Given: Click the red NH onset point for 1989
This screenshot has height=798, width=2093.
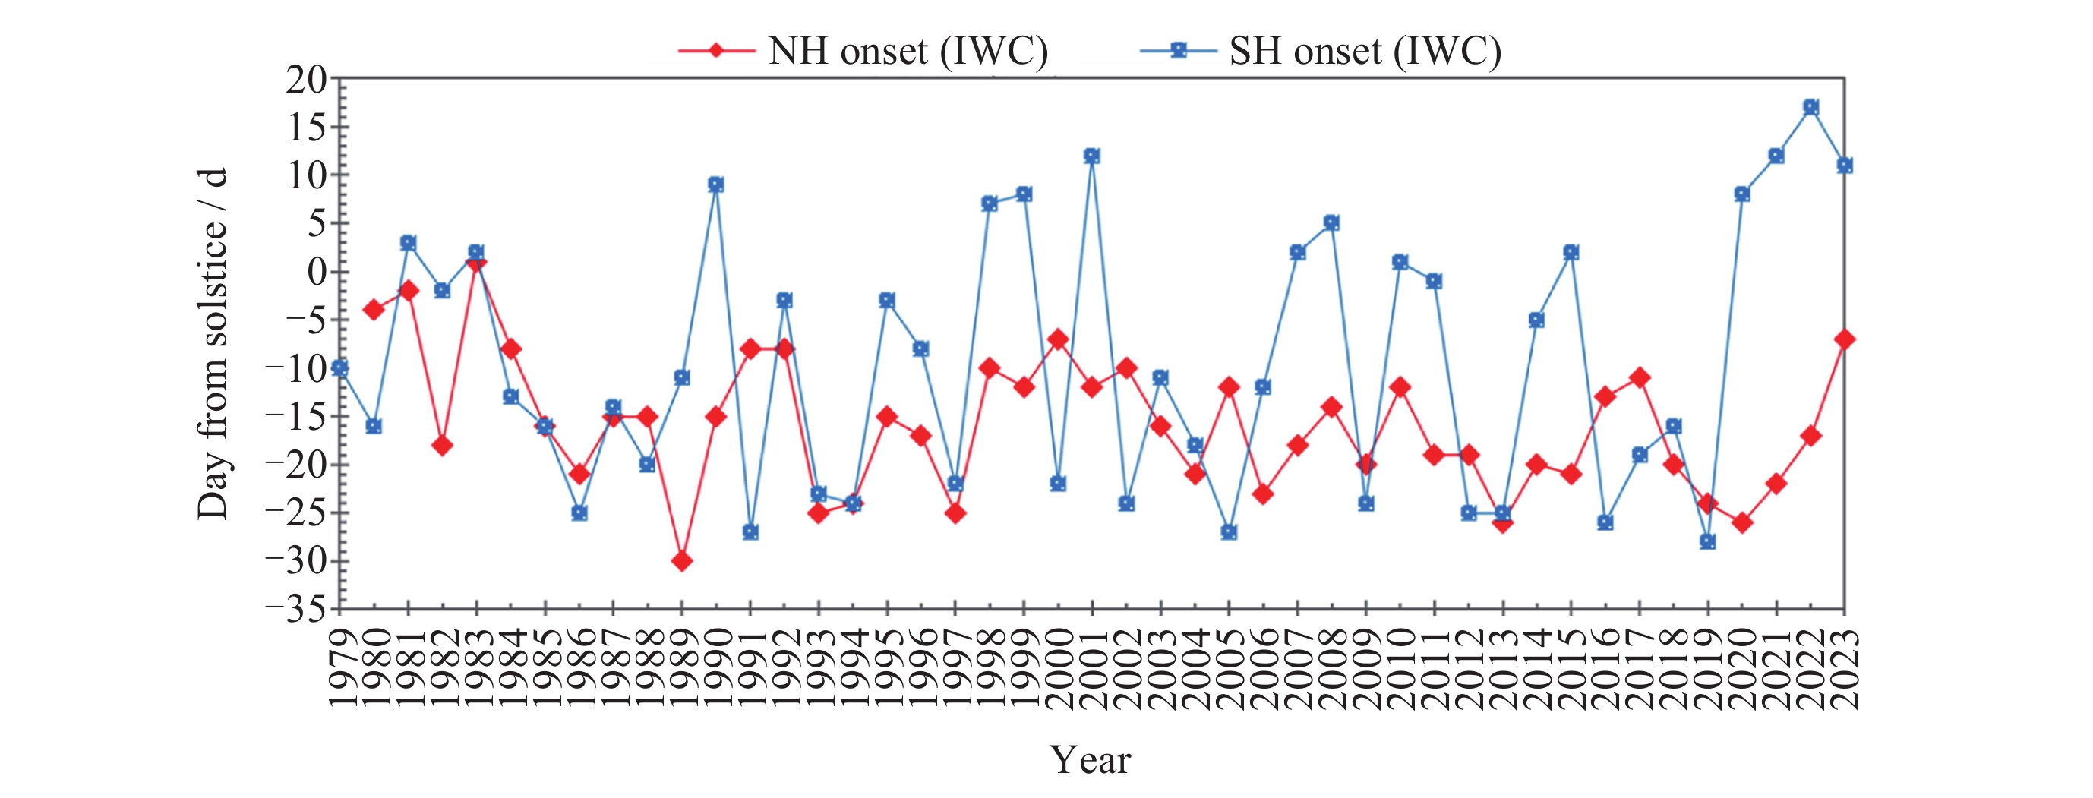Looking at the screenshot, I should (x=682, y=560).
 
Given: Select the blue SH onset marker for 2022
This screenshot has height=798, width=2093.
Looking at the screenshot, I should (x=1810, y=107).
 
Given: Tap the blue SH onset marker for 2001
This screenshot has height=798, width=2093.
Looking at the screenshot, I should (x=1092, y=156).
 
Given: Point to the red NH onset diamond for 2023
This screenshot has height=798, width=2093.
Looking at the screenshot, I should (x=1845, y=339).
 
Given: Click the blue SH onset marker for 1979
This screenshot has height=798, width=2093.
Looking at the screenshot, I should (x=339, y=368).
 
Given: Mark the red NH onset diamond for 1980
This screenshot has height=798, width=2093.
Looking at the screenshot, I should (x=374, y=310).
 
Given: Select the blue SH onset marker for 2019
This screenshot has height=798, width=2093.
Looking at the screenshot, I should (x=1708, y=541).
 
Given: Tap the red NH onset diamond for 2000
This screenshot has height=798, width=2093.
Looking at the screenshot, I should (x=1058, y=339).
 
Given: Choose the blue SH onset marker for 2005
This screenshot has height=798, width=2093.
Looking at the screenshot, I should (x=1230, y=532).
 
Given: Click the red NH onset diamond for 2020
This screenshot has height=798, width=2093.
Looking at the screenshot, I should (x=1742, y=522).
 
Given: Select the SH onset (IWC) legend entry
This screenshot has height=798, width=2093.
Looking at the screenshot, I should (x=1321, y=51).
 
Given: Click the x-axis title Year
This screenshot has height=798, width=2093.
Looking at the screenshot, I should (x=1091, y=760).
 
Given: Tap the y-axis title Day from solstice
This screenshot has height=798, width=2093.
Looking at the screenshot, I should (x=213, y=344).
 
